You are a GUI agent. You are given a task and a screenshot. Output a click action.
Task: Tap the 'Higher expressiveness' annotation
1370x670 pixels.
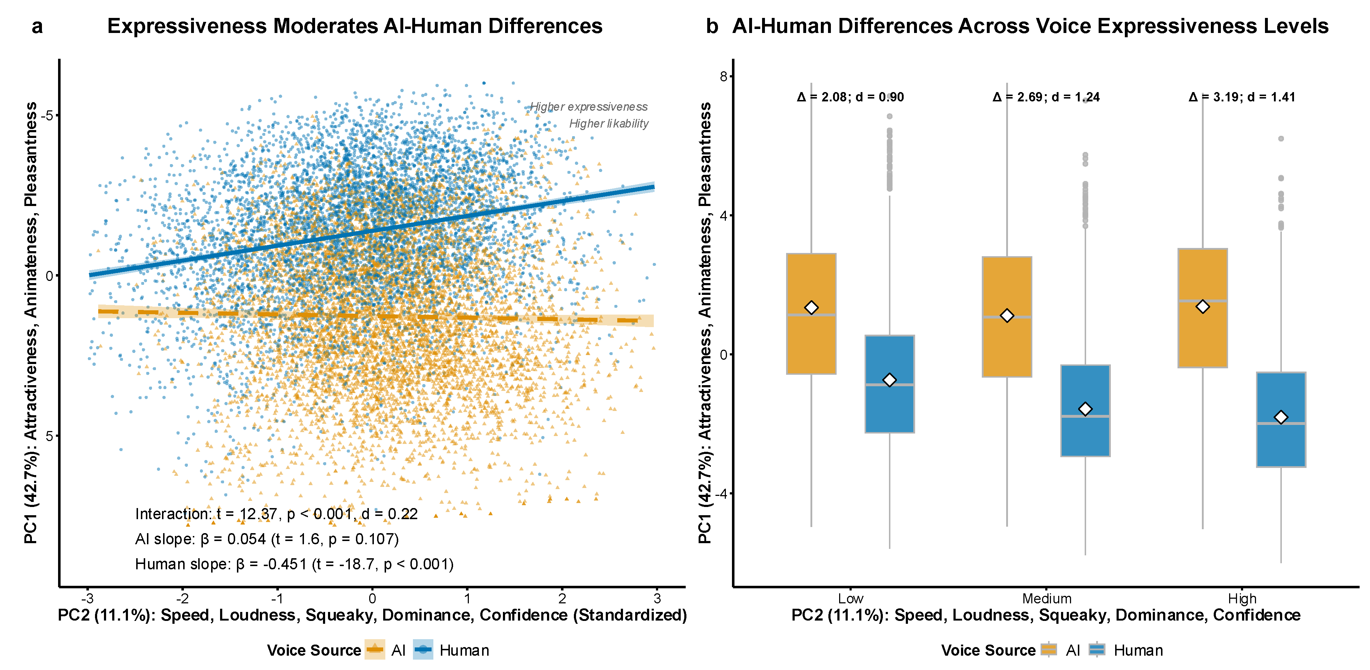click(x=589, y=107)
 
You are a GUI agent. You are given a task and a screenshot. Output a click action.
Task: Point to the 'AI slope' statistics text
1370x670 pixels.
click(x=266, y=539)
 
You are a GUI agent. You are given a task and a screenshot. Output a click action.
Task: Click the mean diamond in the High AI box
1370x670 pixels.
click(x=1203, y=307)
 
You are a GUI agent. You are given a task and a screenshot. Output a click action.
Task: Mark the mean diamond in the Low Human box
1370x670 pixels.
click(x=889, y=380)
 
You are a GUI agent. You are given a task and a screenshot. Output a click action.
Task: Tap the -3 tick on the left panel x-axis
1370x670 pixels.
click(x=88, y=599)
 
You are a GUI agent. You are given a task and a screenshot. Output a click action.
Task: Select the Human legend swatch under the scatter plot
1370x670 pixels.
click(x=423, y=650)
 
